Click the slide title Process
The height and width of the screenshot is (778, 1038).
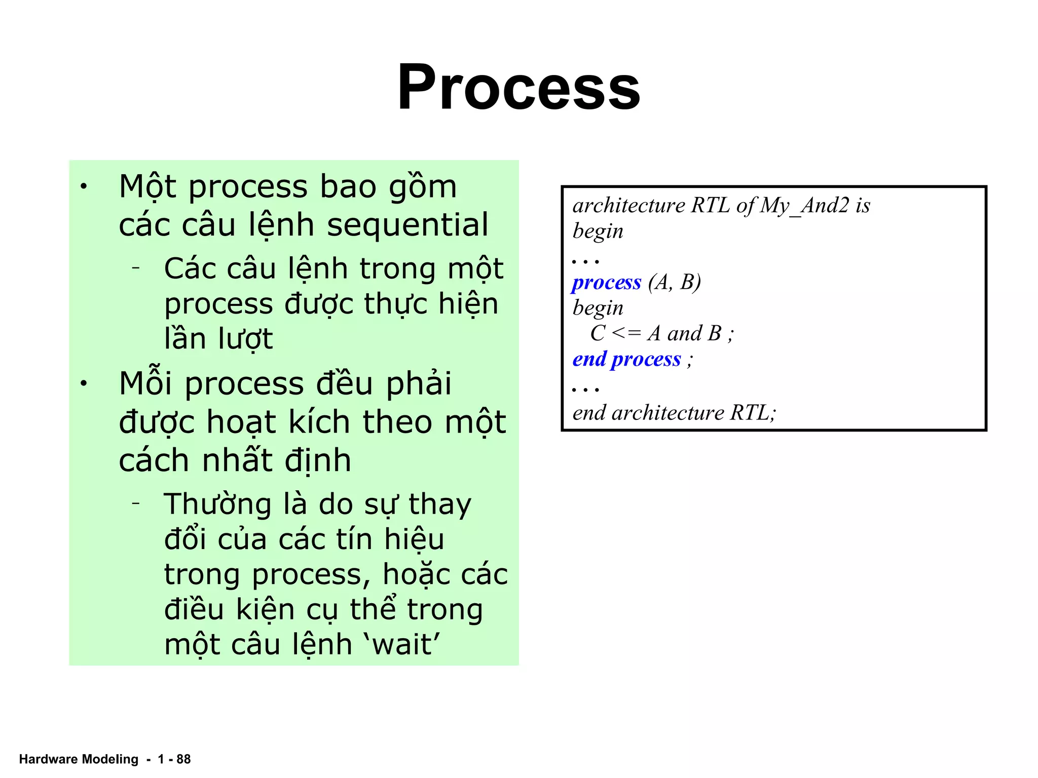(518, 87)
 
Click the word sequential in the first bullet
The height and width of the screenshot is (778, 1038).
(407, 224)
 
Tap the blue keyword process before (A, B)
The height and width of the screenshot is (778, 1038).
(606, 282)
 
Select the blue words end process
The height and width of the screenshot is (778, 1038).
(626, 359)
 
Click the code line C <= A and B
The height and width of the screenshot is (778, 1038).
(661, 333)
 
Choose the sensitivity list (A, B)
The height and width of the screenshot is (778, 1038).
(675, 282)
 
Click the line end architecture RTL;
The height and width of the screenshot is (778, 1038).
(674, 413)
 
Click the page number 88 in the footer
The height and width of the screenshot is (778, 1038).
(183, 759)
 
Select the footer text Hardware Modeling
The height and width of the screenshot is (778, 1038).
(79, 759)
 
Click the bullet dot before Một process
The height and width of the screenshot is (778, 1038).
(84, 187)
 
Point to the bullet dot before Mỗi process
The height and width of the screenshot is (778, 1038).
(84, 383)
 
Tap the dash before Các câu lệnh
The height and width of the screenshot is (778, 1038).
(135, 267)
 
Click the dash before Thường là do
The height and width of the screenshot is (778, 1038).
(135, 503)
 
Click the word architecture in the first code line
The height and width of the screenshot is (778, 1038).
(628, 206)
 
